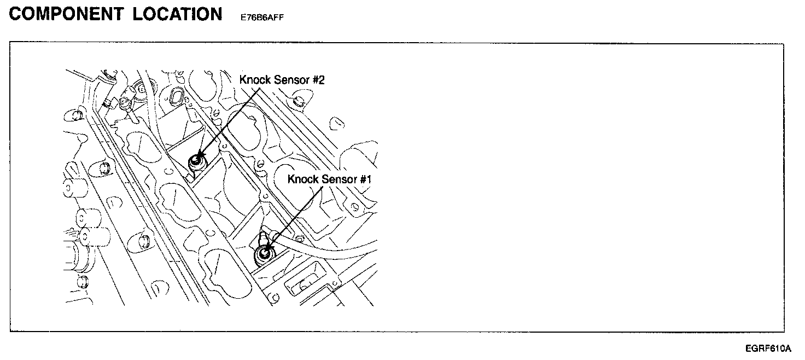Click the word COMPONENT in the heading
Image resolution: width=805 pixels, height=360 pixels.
(67, 14)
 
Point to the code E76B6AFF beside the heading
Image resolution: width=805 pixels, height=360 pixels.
(262, 17)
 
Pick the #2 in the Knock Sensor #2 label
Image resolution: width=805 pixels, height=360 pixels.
(318, 80)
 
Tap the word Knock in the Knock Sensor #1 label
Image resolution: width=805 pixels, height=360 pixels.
(302, 179)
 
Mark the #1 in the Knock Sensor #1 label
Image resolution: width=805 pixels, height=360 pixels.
(366, 179)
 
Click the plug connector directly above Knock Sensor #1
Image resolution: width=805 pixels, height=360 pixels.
(263, 238)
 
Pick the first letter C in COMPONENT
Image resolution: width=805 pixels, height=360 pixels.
(17, 14)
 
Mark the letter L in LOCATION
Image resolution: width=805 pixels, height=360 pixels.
(138, 14)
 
